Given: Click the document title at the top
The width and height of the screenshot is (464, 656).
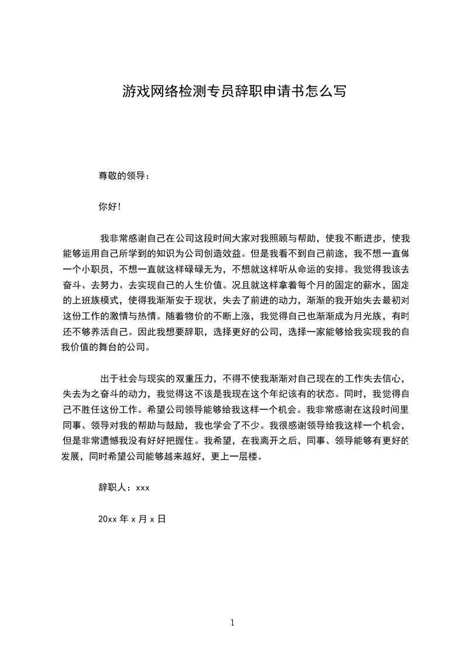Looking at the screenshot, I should [x=234, y=91].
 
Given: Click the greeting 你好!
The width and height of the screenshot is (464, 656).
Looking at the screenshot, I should [x=109, y=206].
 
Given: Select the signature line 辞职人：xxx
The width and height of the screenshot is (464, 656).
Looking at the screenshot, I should [x=124, y=487].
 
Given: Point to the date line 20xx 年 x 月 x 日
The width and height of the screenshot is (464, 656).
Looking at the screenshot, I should [x=132, y=519].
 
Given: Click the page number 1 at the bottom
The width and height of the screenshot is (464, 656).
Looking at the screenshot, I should [x=232, y=623].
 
